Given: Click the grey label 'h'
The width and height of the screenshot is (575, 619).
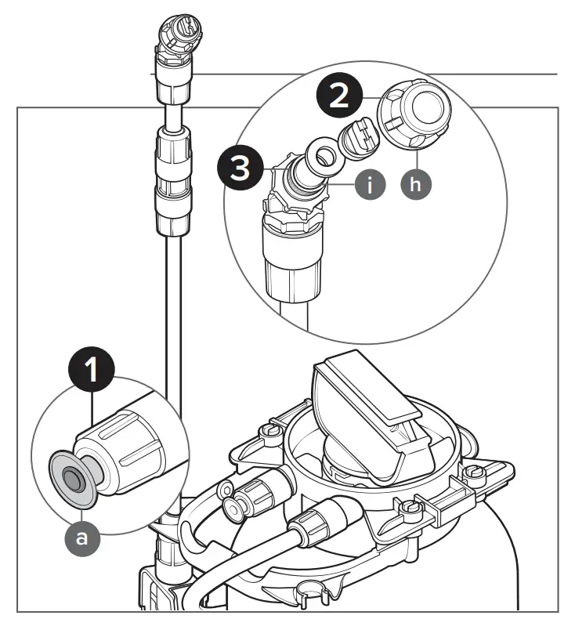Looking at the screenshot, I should tap(416, 185).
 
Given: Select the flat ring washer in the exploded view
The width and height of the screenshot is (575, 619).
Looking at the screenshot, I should tap(321, 154).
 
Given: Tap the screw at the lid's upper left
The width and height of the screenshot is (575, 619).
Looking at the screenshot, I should tap(270, 431).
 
